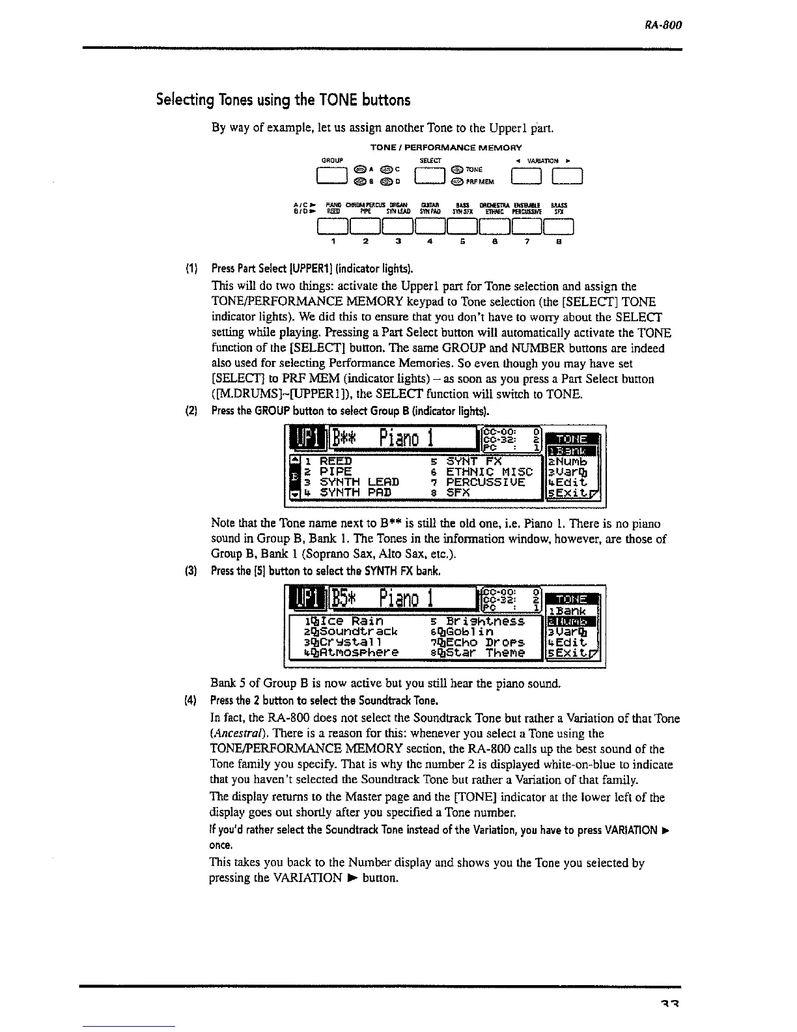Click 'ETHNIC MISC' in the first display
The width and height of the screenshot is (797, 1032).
coord(489,471)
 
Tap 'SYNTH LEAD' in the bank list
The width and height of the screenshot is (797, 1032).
coord(359,482)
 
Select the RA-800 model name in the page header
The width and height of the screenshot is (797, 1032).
coord(664,26)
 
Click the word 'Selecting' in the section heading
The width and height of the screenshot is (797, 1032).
coord(186,100)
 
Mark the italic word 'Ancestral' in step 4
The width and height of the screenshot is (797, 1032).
coord(235,734)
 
